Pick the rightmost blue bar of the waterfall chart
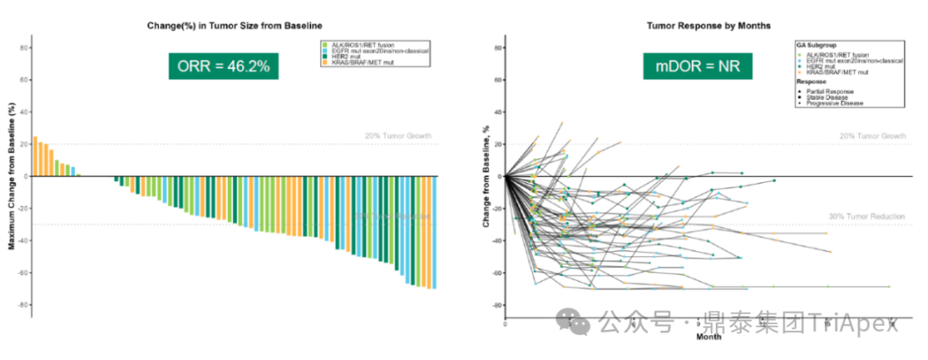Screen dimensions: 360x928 [x=434, y=232]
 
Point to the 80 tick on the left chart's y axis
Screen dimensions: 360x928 [x=24, y=47]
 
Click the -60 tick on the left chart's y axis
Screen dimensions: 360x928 [x=22, y=272]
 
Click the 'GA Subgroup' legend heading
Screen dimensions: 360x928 [x=816, y=44]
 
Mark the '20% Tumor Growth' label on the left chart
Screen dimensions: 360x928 [x=397, y=137]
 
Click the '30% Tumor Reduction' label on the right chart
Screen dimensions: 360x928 [x=867, y=216]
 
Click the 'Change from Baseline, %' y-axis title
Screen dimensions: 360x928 [x=486, y=176]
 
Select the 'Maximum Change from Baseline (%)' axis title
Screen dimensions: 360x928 [x=11, y=176]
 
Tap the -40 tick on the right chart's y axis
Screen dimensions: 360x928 [x=496, y=241]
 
